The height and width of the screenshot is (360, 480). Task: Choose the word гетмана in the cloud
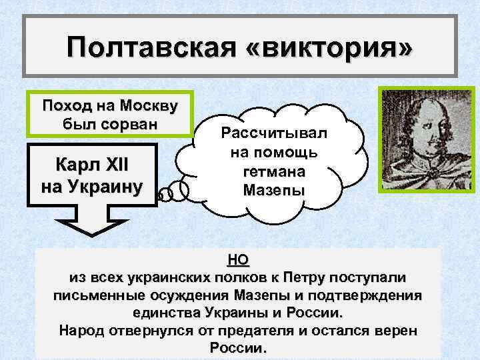point(275,172)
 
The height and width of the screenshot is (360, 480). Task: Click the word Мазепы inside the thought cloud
point(275,191)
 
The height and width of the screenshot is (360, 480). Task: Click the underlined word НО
point(238,259)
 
